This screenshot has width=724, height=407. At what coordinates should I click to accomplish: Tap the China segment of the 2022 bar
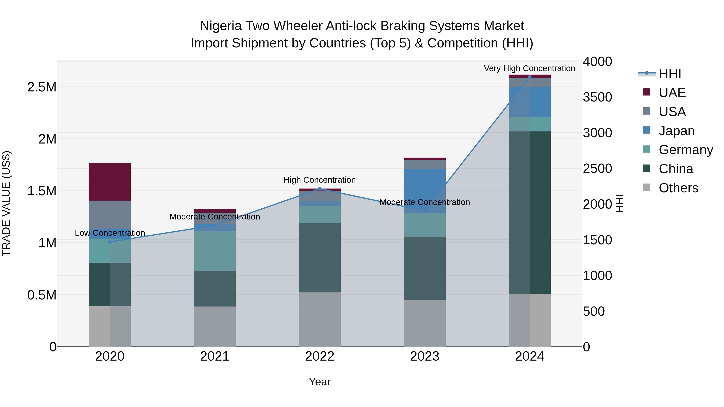(x=320, y=258)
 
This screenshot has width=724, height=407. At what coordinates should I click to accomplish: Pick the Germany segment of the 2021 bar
(x=215, y=251)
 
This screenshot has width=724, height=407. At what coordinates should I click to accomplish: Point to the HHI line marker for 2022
(x=320, y=189)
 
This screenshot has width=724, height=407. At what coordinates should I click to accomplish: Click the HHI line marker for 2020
(x=110, y=242)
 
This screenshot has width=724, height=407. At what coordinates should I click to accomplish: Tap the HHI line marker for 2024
(x=530, y=77)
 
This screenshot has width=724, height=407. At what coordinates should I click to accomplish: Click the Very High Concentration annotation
(x=529, y=68)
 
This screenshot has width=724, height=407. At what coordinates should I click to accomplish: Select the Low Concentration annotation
(x=110, y=233)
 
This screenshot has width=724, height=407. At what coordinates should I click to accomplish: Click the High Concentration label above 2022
(x=320, y=180)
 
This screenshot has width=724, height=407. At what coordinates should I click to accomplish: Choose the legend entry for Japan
(x=676, y=131)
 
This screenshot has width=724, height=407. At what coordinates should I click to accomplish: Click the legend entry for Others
(x=678, y=188)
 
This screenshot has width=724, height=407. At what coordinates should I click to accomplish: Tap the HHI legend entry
(x=669, y=74)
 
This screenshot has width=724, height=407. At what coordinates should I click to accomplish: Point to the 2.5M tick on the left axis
(x=42, y=87)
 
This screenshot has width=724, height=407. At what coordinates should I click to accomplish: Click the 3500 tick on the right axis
(x=597, y=97)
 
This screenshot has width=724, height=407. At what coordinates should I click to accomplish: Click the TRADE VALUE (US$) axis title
(x=6, y=203)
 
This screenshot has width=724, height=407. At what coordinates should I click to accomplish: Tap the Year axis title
(x=320, y=382)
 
